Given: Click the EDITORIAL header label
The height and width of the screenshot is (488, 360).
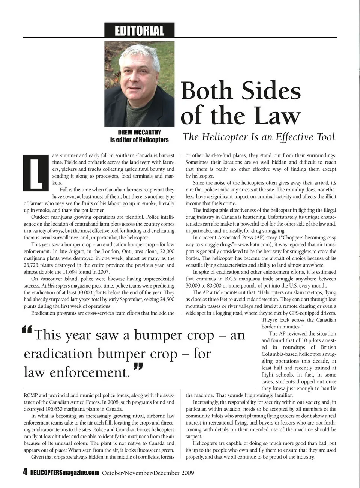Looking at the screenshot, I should (139, 30).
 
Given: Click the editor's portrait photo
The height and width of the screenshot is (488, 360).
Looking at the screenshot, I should (139, 84).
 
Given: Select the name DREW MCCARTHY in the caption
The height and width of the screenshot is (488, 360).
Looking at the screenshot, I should (139, 132).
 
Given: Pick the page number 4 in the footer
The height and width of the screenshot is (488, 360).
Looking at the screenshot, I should (25, 472).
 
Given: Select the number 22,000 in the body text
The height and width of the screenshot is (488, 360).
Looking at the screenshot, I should (164, 251).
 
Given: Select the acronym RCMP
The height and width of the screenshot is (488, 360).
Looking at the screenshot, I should (30, 395).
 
